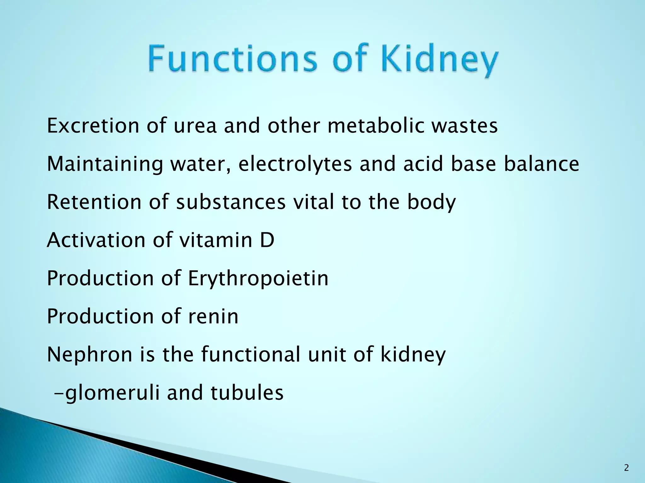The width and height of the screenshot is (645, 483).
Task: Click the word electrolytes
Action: (x=295, y=164)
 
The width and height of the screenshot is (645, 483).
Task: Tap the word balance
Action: (x=541, y=164)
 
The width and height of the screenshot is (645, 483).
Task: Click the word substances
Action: (x=231, y=202)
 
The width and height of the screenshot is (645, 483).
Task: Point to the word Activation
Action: (x=96, y=240)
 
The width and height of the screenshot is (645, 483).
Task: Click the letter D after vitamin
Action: (x=267, y=240)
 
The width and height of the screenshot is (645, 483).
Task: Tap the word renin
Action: (x=213, y=316)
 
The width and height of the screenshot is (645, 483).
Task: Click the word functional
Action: (x=250, y=354)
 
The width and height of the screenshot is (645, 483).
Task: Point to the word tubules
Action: (x=247, y=393)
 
